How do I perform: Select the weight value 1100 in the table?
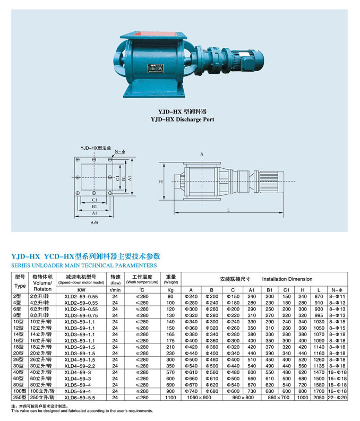click(170, 397)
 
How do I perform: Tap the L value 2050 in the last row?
click(319, 397)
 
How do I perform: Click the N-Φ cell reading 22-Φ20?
click(338, 397)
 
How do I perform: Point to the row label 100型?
click(20, 390)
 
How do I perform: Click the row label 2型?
click(19, 296)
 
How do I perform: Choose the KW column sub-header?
click(81, 290)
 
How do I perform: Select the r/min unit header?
click(115, 290)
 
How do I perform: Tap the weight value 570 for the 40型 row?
click(170, 372)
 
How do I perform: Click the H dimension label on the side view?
click(160, 182)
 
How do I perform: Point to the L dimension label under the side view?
click(228, 210)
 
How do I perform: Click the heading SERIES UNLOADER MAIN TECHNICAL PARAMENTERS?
click(84, 264)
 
